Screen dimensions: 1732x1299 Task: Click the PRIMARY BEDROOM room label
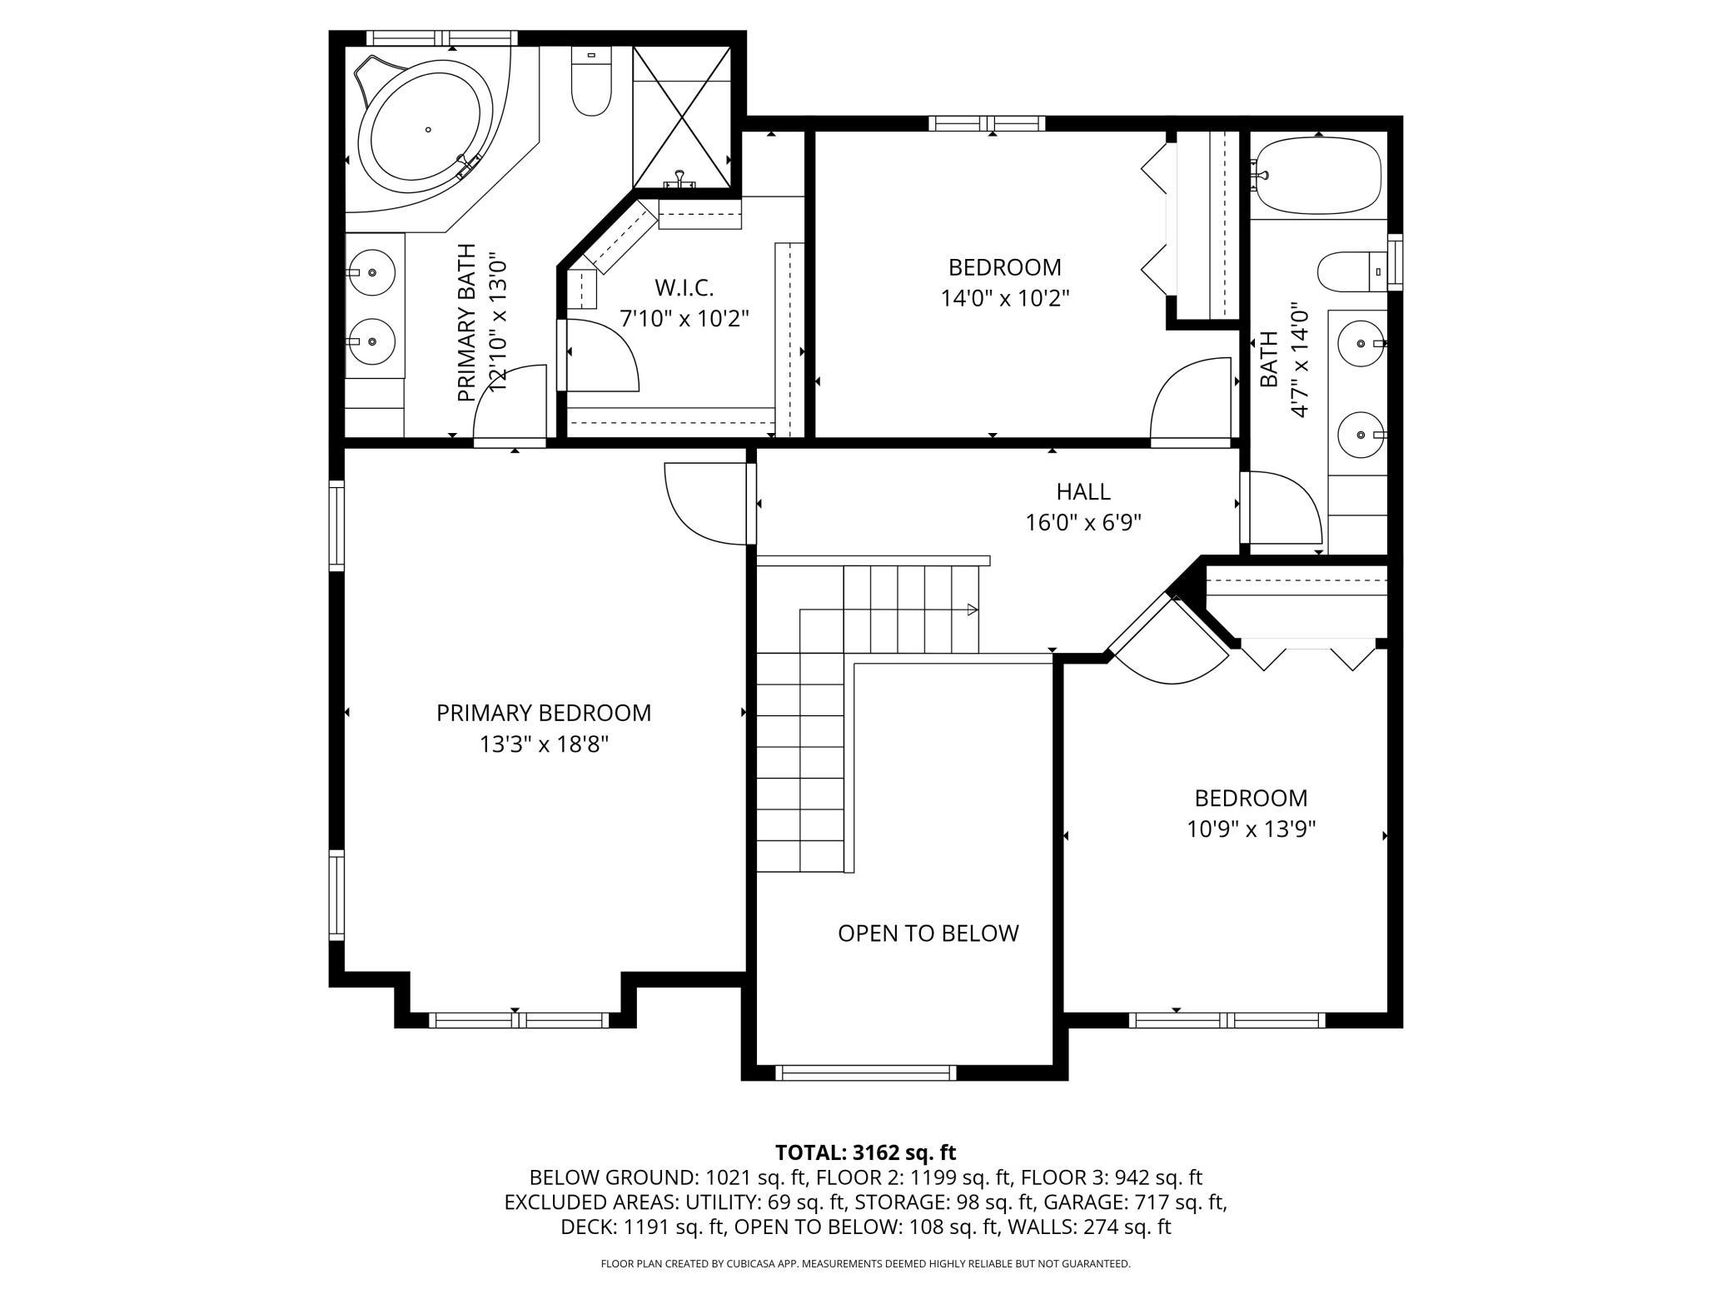tap(544, 713)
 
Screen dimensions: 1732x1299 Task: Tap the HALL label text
tap(1083, 491)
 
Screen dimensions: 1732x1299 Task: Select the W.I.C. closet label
tap(684, 288)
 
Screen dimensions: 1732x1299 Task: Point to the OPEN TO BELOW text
tap(928, 933)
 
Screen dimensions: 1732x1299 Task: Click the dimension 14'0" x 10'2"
tap(1005, 298)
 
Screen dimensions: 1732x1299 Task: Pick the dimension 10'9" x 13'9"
tap(1252, 829)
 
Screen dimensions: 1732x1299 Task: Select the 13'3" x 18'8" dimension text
tap(544, 744)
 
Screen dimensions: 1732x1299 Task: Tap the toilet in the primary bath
tap(590, 81)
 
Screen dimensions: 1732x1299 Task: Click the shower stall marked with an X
tap(682, 117)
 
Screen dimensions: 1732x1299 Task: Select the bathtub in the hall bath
tap(1317, 176)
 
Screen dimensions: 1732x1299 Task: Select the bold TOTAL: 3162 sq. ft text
tap(865, 1152)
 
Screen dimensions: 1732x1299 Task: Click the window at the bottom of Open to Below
tap(865, 1073)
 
